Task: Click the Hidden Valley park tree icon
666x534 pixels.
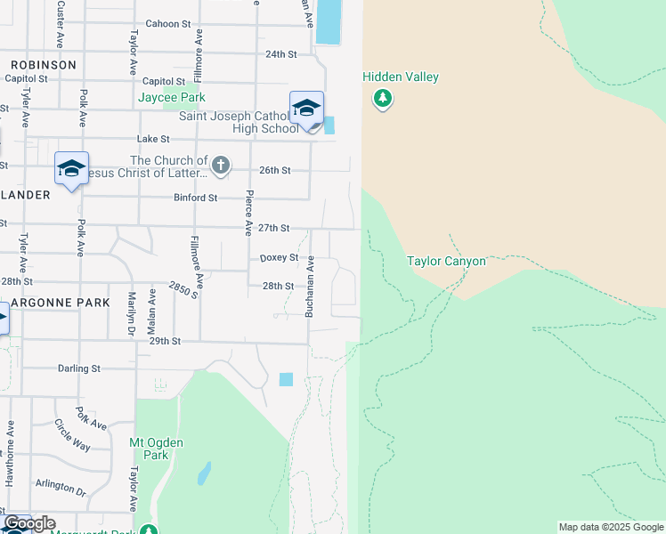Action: (383, 98)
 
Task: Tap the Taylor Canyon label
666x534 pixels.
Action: (446, 261)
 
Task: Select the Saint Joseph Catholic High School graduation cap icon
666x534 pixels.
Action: (306, 109)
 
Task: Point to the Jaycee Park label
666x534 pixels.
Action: (172, 97)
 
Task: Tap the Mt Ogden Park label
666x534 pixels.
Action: (149, 449)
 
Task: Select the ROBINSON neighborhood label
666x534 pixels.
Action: (44, 65)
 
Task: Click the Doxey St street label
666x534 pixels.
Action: (278, 258)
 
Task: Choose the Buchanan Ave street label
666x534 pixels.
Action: (311, 287)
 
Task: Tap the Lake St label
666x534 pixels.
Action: (153, 139)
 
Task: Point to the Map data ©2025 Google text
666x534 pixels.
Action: (611, 527)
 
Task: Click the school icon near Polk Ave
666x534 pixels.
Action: (71, 167)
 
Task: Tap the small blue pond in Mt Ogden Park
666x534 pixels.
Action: (204, 473)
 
